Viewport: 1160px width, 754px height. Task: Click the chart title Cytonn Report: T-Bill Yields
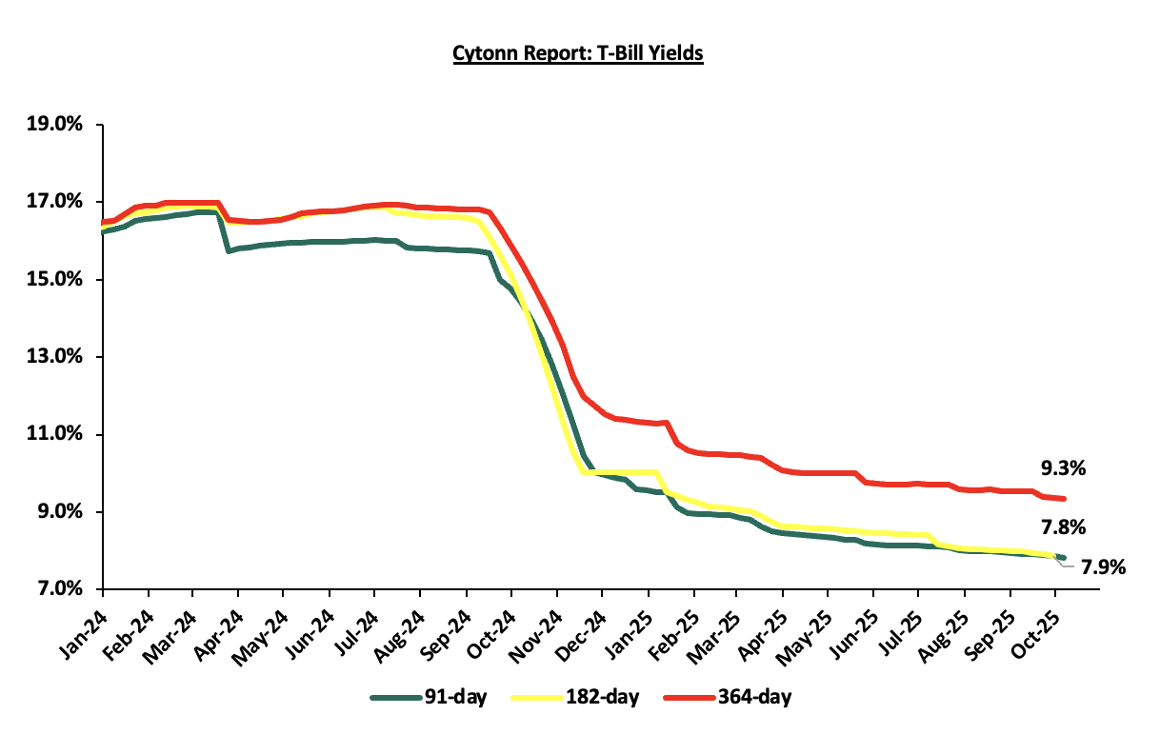click(x=578, y=53)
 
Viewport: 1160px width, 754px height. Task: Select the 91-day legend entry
click(x=429, y=698)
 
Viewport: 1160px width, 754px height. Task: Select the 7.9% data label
click(x=1103, y=568)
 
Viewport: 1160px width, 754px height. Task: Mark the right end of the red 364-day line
click(x=1063, y=498)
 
